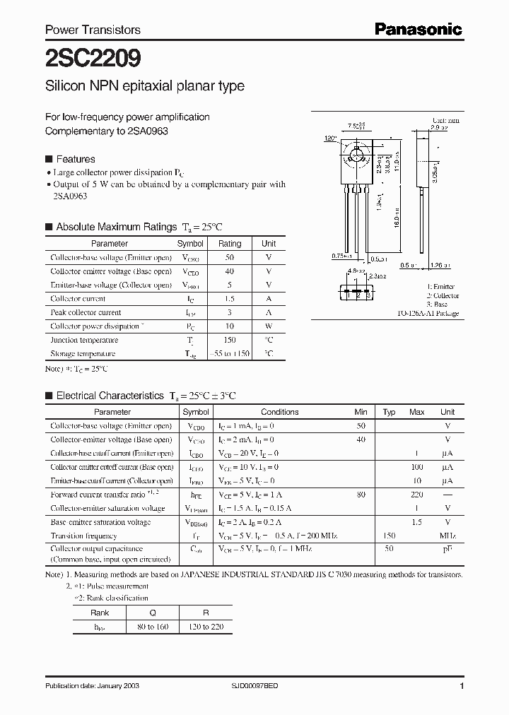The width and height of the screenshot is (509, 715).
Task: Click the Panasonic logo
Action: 419,29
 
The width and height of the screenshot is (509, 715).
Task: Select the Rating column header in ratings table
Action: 230,243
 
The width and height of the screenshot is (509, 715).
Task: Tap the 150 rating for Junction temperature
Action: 230,340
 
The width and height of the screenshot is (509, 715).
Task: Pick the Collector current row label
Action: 78,299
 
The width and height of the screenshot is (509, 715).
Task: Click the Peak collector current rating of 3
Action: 230,312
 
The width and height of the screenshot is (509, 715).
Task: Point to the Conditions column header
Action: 280,412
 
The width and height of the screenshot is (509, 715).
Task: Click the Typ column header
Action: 389,412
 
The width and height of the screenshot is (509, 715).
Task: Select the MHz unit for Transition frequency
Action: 447,536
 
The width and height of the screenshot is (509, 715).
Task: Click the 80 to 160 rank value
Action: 153,627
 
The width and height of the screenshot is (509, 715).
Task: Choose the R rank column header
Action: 206,613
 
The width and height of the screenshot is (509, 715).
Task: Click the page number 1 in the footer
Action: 462,687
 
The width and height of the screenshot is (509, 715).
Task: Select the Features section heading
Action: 75,159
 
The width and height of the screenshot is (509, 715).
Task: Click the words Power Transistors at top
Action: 93,30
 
